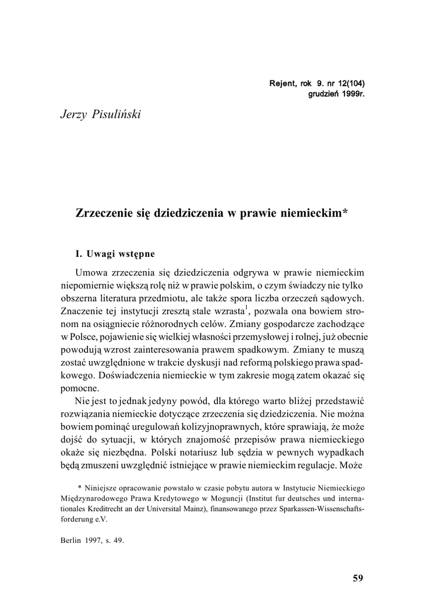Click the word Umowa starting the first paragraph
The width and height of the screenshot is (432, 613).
pos(89,271)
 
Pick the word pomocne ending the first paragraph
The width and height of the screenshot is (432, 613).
pos(80,389)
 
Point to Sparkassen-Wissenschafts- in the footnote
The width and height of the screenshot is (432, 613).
pos(319,509)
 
